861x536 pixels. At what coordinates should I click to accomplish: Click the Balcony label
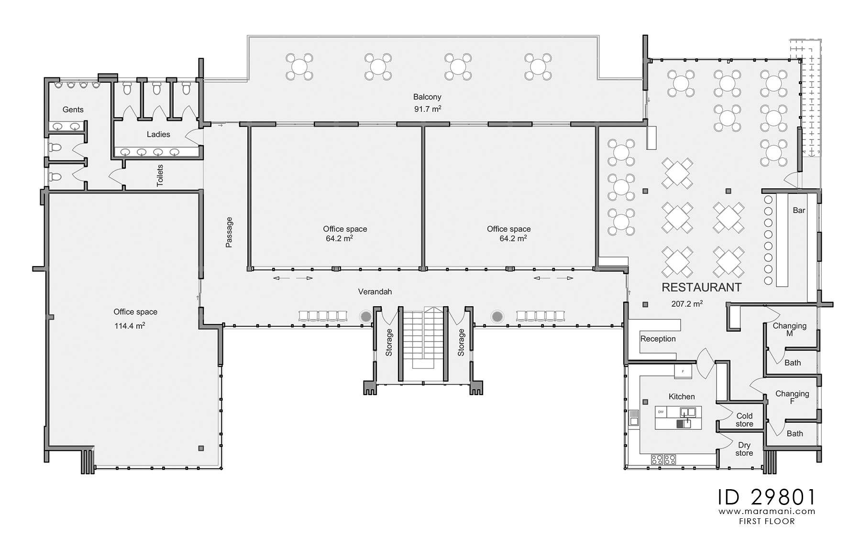tap(427, 97)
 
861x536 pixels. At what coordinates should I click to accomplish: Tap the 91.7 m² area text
tap(427, 109)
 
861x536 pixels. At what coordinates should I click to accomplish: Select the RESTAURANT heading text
tap(701, 287)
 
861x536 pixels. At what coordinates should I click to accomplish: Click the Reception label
tap(658, 339)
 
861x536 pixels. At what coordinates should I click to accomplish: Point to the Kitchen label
tap(681, 397)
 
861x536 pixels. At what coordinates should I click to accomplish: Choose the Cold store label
tap(744, 419)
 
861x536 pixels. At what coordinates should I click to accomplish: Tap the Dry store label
tap(744, 449)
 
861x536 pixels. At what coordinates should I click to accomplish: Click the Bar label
tap(799, 210)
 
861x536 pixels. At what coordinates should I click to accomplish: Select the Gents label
tap(73, 109)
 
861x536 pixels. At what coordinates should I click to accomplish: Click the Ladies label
tap(158, 134)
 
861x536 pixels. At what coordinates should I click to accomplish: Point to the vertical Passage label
tap(229, 232)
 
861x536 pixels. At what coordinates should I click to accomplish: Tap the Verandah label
tap(375, 291)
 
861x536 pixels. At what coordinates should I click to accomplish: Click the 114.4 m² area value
tap(129, 326)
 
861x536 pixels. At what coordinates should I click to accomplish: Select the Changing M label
tap(789, 329)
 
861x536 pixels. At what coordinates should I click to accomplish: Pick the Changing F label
tap(792, 397)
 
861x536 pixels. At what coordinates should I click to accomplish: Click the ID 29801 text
tap(766, 497)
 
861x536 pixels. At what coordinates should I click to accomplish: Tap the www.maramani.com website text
tap(766, 512)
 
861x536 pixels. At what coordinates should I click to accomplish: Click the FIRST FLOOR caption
tap(766, 521)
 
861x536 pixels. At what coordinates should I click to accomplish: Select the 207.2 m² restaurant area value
tap(686, 303)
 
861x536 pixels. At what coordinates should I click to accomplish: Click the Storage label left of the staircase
tap(389, 342)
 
